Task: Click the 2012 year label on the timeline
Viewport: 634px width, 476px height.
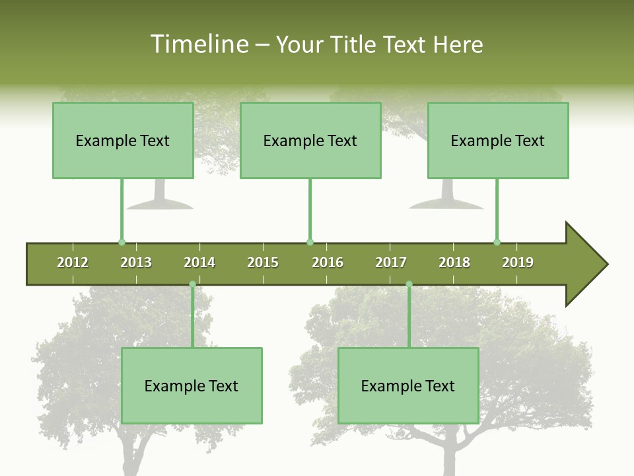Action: pyautogui.click(x=73, y=262)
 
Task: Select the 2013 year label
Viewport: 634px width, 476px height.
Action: pyautogui.click(x=136, y=262)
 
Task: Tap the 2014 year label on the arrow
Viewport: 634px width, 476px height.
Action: pyautogui.click(x=199, y=262)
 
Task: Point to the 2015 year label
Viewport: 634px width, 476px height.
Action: pyautogui.click(x=263, y=262)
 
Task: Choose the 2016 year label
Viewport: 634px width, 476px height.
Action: pyautogui.click(x=328, y=262)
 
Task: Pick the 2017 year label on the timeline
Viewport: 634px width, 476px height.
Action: pyautogui.click(x=391, y=262)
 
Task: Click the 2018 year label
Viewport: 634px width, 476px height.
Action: pyautogui.click(x=454, y=262)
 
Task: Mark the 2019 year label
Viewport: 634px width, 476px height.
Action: pyautogui.click(x=518, y=262)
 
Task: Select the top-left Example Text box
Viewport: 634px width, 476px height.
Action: pyautogui.click(x=123, y=140)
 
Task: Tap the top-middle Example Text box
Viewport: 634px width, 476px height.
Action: pyautogui.click(x=310, y=140)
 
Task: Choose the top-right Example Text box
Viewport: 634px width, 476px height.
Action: pyautogui.click(x=498, y=140)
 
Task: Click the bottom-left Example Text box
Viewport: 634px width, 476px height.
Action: pyautogui.click(x=192, y=385)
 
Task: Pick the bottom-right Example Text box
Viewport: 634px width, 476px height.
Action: pyautogui.click(x=408, y=385)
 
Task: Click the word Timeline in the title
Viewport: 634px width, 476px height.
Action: pyautogui.click(x=199, y=44)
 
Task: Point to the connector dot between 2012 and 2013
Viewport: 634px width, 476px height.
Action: pyautogui.click(x=122, y=242)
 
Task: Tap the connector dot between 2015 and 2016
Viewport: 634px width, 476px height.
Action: pyautogui.click(x=310, y=242)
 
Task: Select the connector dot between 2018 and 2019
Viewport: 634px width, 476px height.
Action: pyautogui.click(x=497, y=242)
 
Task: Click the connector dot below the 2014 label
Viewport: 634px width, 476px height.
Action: pyautogui.click(x=192, y=284)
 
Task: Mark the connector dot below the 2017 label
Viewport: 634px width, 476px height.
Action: pyautogui.click(x=409, y=284)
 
